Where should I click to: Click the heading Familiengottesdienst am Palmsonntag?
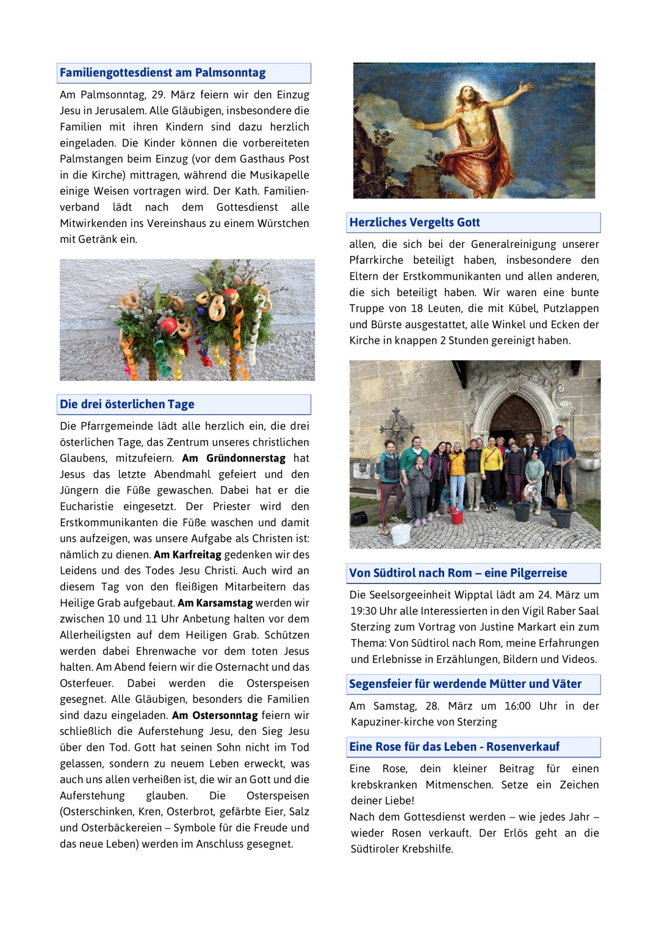pyautogui.click(x=162, y=73)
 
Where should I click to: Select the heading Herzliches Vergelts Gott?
pyautogui.click(x=414, y=222)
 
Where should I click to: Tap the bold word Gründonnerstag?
pyautogui.click(x=245, y=458)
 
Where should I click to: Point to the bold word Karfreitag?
pyautogui.click(x=196, y=554)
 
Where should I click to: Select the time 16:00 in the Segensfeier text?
pyautogui.click(x=517, y=706)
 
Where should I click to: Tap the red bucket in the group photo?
pyautogui.click(x=456, y=516)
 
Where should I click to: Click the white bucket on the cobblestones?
pyautogui.click(x=400, y=533)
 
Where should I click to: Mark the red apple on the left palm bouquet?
pyautogui.click(x=168, y=326)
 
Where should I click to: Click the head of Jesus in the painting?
pyautogui.click(x=469, y=95)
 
